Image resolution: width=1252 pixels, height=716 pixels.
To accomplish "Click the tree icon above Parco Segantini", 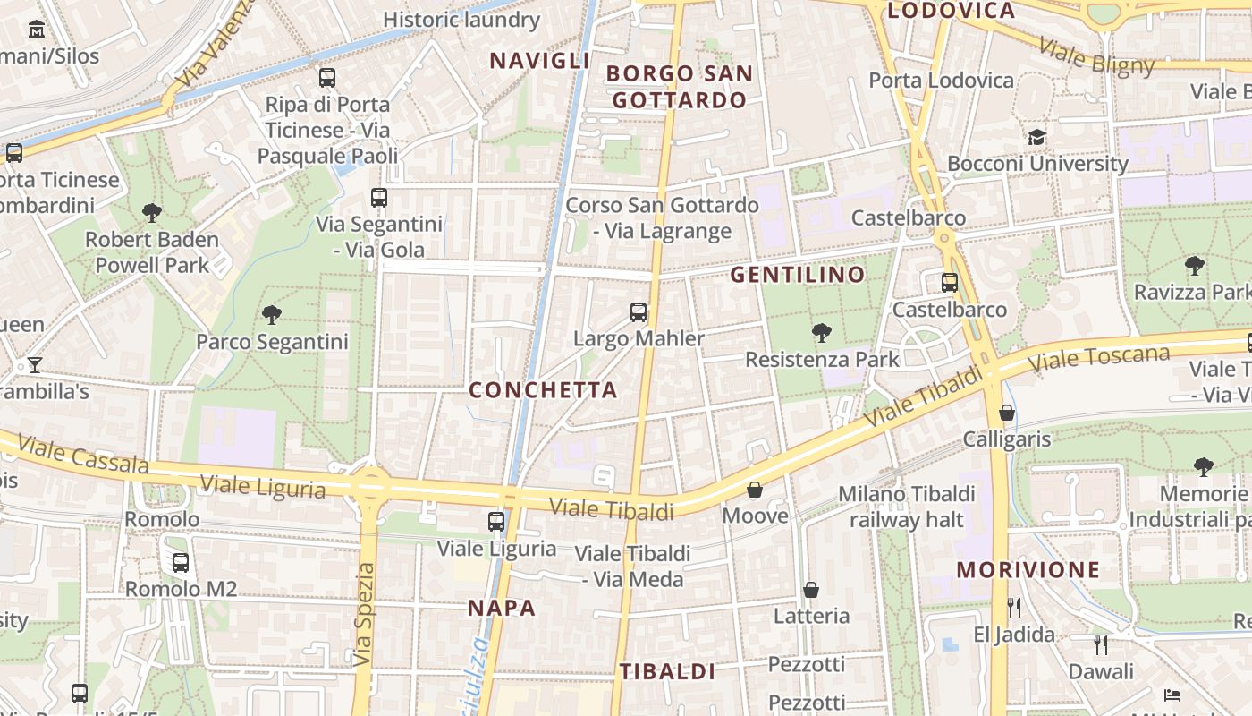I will (x=272, y=314).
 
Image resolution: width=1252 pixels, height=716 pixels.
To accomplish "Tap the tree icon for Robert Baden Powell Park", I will (x=152, y=212).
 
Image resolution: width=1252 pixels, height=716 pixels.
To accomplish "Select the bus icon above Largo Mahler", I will (x=639, y=312).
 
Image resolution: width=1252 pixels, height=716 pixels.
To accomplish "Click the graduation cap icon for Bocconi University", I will (x=1037, y=137).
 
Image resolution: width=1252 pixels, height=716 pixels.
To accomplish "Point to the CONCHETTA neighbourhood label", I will (x=544, y=390).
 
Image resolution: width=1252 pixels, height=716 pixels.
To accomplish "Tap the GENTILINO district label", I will (x=798, y=275).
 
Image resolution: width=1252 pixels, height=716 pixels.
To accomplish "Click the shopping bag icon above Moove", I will (x=755, y=490).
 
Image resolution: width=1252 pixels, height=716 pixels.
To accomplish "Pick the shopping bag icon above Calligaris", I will (x=1007, y=413).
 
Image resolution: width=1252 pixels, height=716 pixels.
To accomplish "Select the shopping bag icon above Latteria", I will (x=811, y=590).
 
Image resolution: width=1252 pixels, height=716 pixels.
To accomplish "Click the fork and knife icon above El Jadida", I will (x=1014, y=608).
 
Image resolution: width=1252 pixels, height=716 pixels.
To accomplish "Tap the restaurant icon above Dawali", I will (x=1101, y=644).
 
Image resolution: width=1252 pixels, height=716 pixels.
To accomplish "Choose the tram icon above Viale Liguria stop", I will (x=496, y=521).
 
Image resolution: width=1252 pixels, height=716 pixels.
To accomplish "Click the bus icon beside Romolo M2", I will (x=181, y=563).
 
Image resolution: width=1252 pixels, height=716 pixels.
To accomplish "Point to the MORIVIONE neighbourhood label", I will (x=1028, y=570).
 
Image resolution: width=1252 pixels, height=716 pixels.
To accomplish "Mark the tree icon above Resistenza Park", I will (x=821, y=333).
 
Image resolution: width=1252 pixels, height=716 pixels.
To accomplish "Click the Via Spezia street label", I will (x=363, y=615).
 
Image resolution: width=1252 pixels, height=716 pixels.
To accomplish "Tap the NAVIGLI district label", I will (x=539, y=61).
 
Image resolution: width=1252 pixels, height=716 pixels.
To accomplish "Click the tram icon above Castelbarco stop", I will (x=950, y=283).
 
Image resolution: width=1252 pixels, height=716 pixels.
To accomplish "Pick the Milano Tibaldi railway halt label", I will (x=906, y=507).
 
